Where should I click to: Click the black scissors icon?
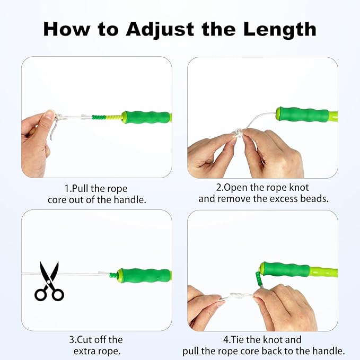pos(49,281)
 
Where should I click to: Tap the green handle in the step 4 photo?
pos(287,269)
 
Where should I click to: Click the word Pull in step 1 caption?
pos(80,189)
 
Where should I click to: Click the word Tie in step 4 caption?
pos(249,340)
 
